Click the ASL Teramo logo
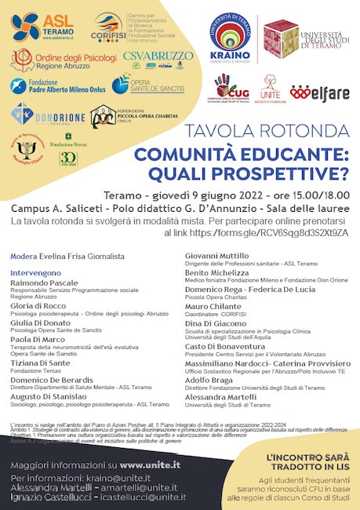(47, 27)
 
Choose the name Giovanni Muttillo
(218, 255)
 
